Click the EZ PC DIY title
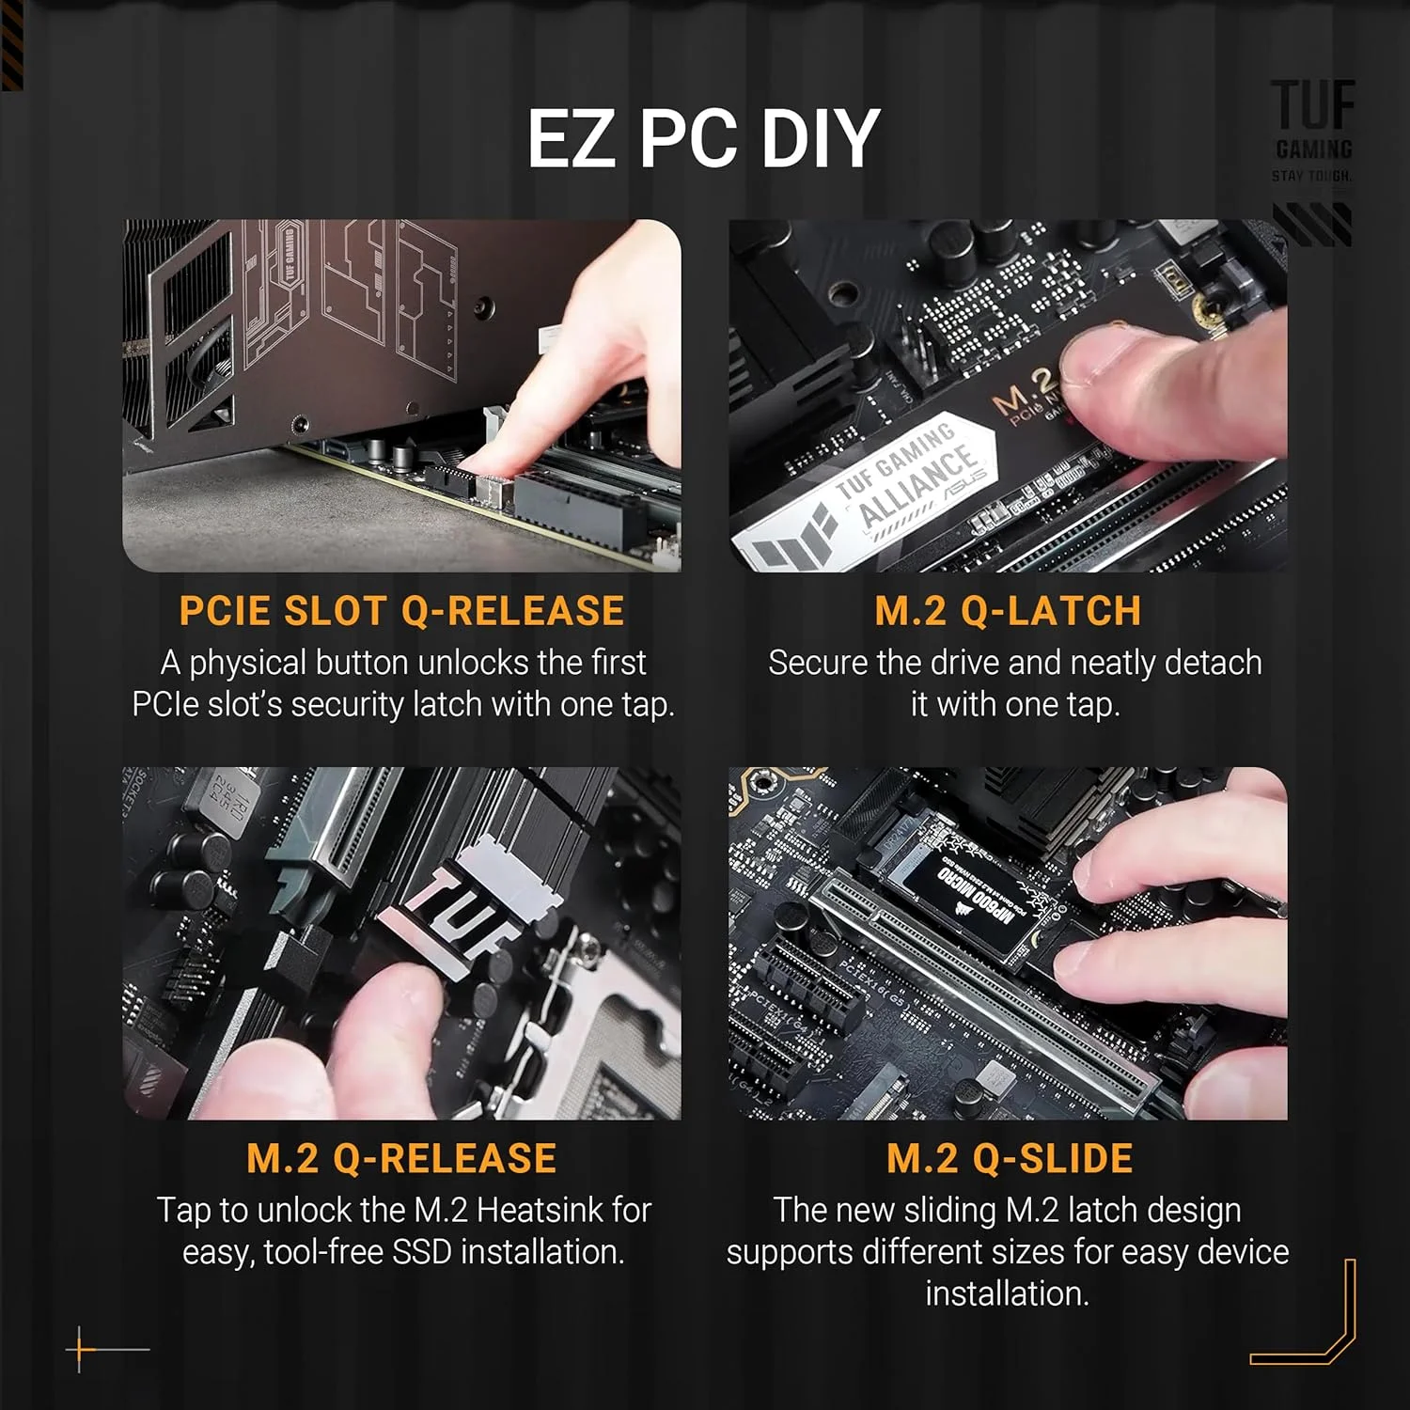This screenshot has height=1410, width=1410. point(702,139)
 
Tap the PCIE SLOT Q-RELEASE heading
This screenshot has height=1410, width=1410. point(401,611)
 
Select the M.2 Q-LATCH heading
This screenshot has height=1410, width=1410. point(1008,611)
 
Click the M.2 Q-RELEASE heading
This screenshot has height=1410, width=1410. point(401,1158)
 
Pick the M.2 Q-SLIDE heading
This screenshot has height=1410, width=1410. point(1010,1158)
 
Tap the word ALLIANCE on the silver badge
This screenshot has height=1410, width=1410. point(919,486)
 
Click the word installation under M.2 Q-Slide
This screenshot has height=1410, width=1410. point(1007,1293)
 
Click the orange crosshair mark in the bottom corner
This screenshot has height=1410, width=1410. point(81,1349)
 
